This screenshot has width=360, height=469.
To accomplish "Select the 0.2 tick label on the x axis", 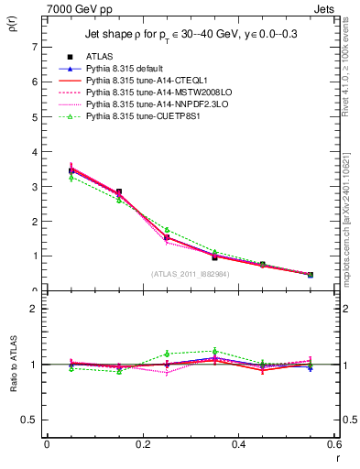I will click(x=142, y=444).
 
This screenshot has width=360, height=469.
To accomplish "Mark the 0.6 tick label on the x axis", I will click(x=334, y=444).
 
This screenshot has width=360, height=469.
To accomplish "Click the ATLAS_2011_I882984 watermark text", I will click(x=190, y=274).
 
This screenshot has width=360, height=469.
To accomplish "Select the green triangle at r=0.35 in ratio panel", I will click(x=214, y=351).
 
